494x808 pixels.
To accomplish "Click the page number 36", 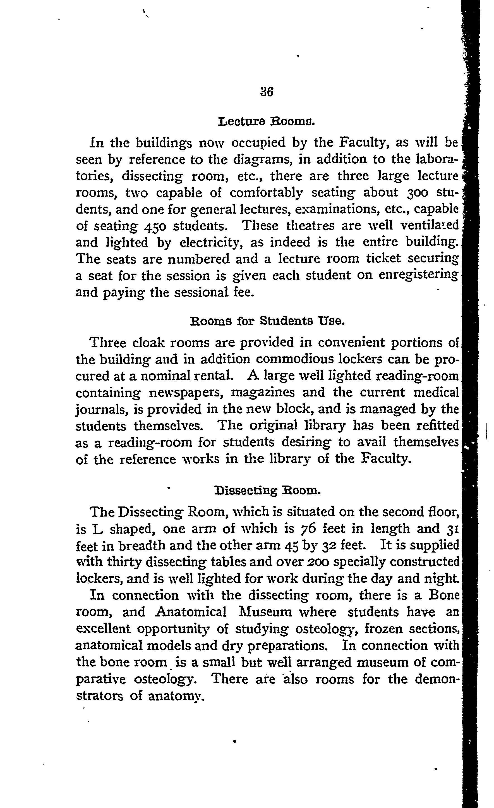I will tap(267, 92).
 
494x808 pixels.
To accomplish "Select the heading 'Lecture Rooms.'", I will tap(267, 122).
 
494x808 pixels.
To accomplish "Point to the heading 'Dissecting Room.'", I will tap(267, 491).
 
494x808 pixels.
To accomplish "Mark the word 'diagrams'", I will tap(261, 160).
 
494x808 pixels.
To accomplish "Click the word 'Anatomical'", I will tap(191, 612).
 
